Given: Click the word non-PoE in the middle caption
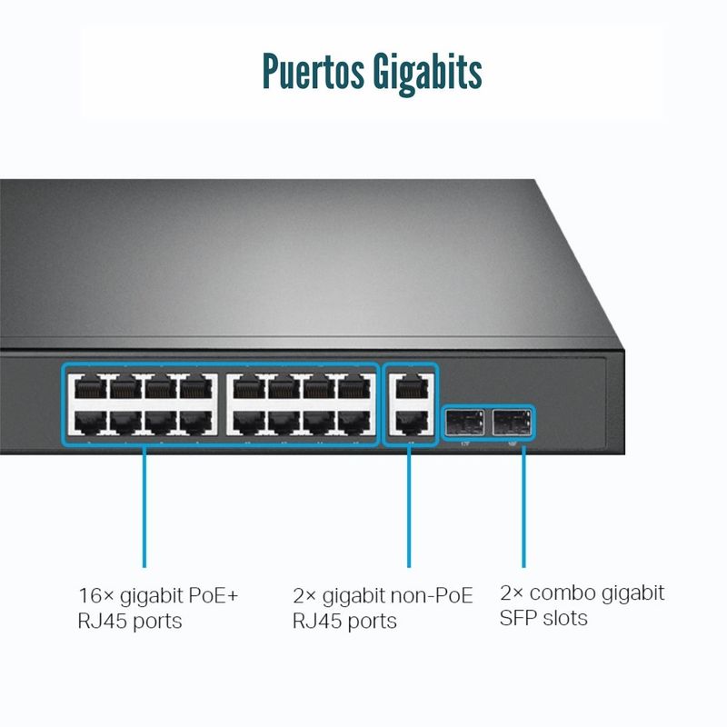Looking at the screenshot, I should (x=432, y=596).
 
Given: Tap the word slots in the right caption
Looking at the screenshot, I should (x=568, y=618).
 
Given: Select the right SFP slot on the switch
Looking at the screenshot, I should (x=512, y=422).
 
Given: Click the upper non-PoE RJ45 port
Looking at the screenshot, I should (x=412, y=385).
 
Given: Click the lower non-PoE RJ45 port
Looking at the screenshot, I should (x=412, y=421).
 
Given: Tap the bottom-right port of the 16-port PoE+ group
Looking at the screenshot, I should (x=355, y=422).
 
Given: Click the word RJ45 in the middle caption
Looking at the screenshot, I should (x=316, y=622).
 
